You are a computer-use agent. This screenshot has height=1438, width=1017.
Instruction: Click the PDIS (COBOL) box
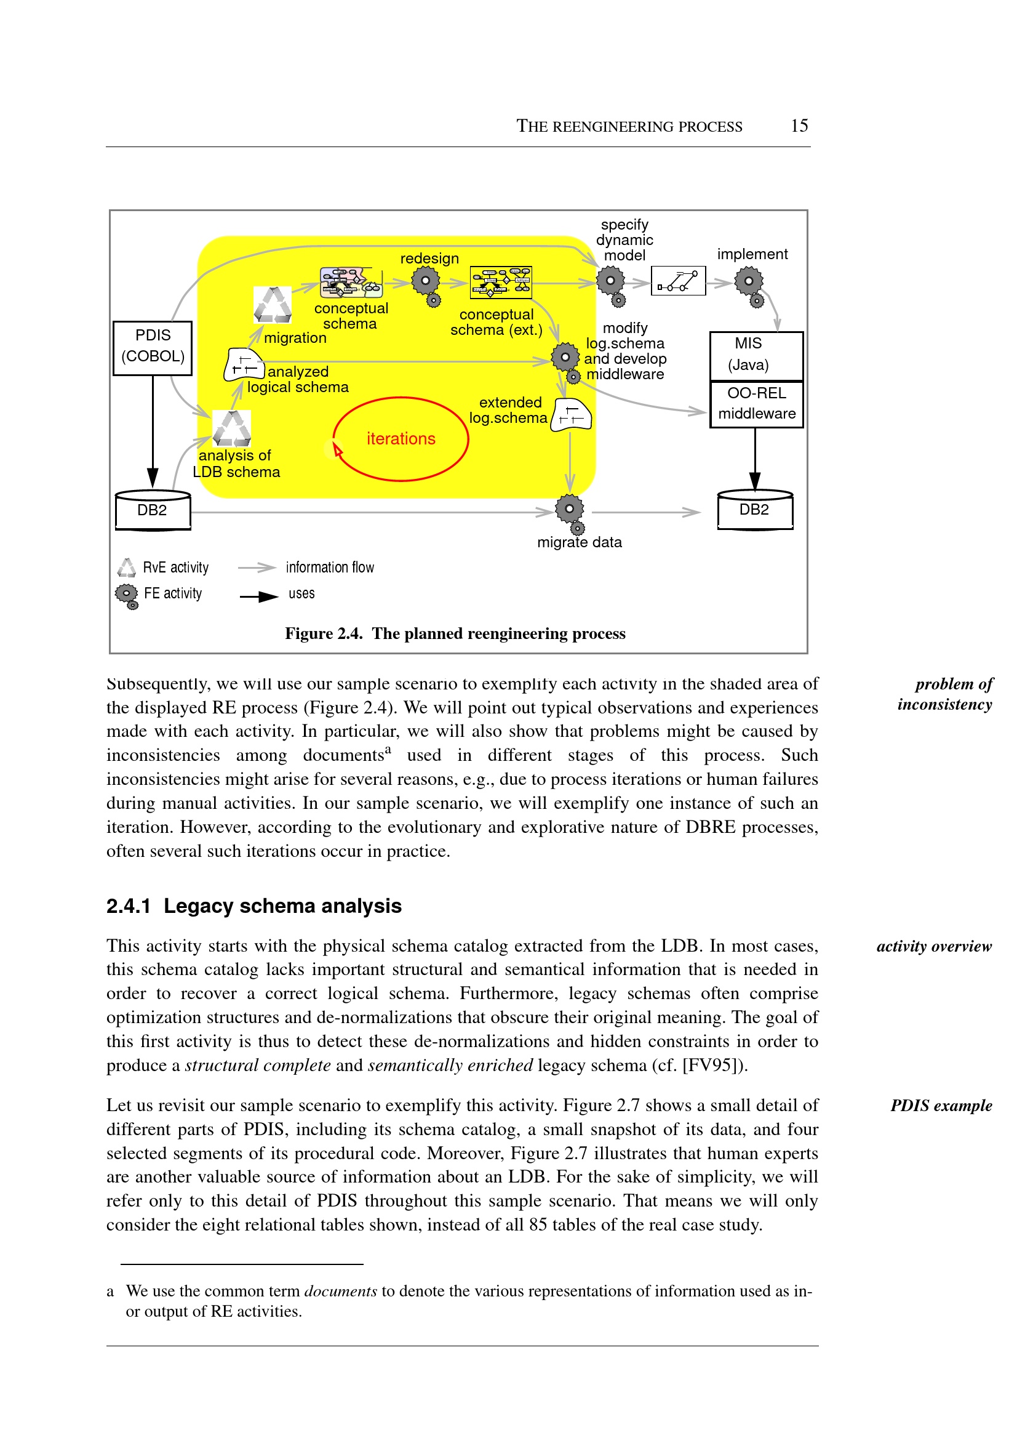[x=152, y=348]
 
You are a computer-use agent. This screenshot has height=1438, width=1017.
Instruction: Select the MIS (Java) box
[x=756, y=355]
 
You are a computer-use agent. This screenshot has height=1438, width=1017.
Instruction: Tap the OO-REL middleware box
[x=756, y=404]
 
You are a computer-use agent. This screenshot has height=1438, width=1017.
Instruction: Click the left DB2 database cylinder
[x=153, y=511]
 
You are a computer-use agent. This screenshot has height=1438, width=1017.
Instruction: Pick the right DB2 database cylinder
[x=755, y=510]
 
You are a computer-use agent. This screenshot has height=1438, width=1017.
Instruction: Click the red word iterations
[x=401, y=439]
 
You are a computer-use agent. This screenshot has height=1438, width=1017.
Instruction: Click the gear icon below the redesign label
[x=426, y=282]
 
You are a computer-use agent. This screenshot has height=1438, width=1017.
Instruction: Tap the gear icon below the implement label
[x=749, y=282]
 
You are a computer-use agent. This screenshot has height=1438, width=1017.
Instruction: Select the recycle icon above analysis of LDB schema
[x=232, y=427]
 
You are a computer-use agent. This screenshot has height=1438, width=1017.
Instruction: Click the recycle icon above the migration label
[x=273, y=305]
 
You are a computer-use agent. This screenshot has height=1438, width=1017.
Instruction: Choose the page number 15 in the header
[x=799, y=126]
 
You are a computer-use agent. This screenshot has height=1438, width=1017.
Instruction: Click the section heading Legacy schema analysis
[x=282, y=906]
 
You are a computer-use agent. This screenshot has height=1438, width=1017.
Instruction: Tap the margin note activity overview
[x=934, y=946]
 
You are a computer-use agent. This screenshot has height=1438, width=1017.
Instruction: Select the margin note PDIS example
[x=941, y=1106]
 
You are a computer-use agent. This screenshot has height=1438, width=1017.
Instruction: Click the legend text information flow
[x=329, y=567]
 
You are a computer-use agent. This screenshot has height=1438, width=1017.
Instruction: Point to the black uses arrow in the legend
[x=258, y=596]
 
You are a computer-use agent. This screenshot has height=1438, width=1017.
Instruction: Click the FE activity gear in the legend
[x=127, y=594]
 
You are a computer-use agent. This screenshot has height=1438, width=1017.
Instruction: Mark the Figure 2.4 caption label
[x=323, y=633]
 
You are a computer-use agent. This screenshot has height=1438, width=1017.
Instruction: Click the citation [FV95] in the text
[x=711, y=1065]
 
